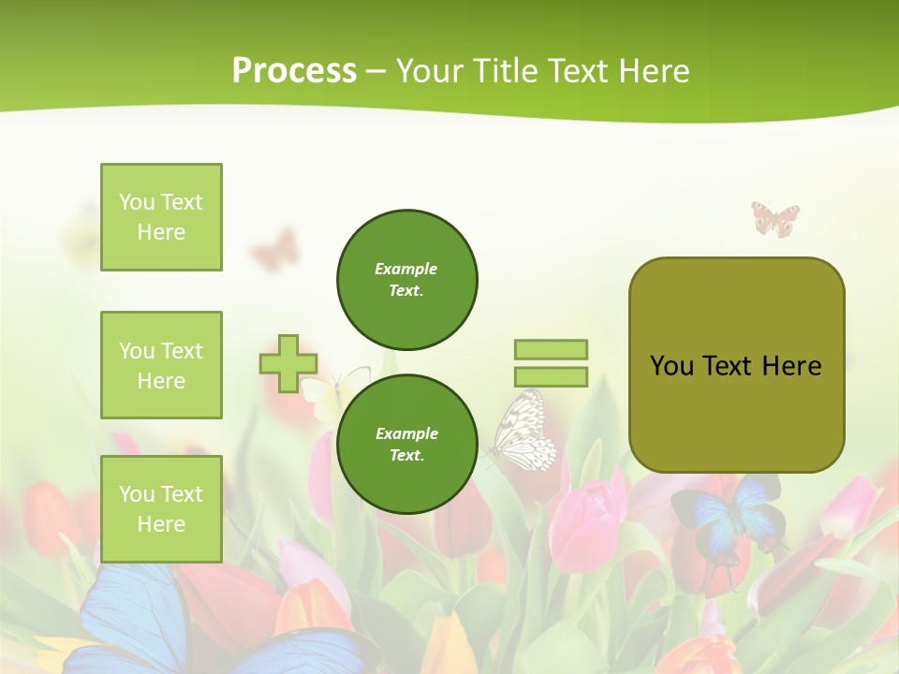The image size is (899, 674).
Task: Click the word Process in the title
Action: tap(294, 71)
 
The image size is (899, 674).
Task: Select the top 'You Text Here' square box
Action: tap(161, 217)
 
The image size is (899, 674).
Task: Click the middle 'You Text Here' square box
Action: tap(161, 365)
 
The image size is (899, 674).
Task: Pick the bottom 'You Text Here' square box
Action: tap(161, 509)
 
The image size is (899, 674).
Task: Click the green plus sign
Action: tap(288, 363)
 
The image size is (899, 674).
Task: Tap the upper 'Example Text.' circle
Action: tap(406, 280)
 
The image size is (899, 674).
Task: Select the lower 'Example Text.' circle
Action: tap(406, 445)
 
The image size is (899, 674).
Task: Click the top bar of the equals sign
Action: tap(551, 349)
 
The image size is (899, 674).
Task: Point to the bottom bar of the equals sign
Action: tap(551, 377)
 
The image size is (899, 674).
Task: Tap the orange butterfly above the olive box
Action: tap(775, 219)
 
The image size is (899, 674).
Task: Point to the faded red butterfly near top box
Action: tap(273, 250)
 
